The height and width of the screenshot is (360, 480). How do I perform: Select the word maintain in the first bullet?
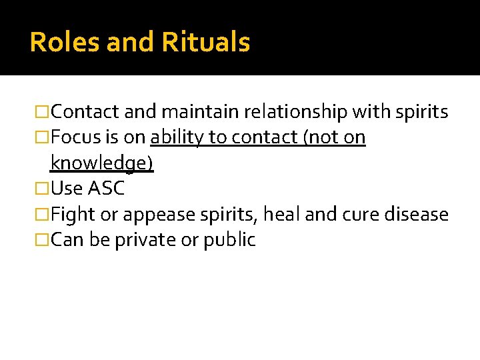tap(203, 112)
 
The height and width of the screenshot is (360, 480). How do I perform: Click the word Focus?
tap(75, 137)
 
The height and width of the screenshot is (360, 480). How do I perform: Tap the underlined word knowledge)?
tap(102, 164)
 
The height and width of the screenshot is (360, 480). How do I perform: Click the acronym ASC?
tap(107, 189)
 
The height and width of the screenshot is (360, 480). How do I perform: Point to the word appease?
tap(153, 215)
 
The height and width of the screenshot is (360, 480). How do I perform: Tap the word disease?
tap(419, 215)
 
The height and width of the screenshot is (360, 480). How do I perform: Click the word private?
tap(143, 240)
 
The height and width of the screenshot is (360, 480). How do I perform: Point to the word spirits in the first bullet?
tap(422, 113)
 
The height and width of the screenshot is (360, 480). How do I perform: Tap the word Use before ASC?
tap(67, 189)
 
